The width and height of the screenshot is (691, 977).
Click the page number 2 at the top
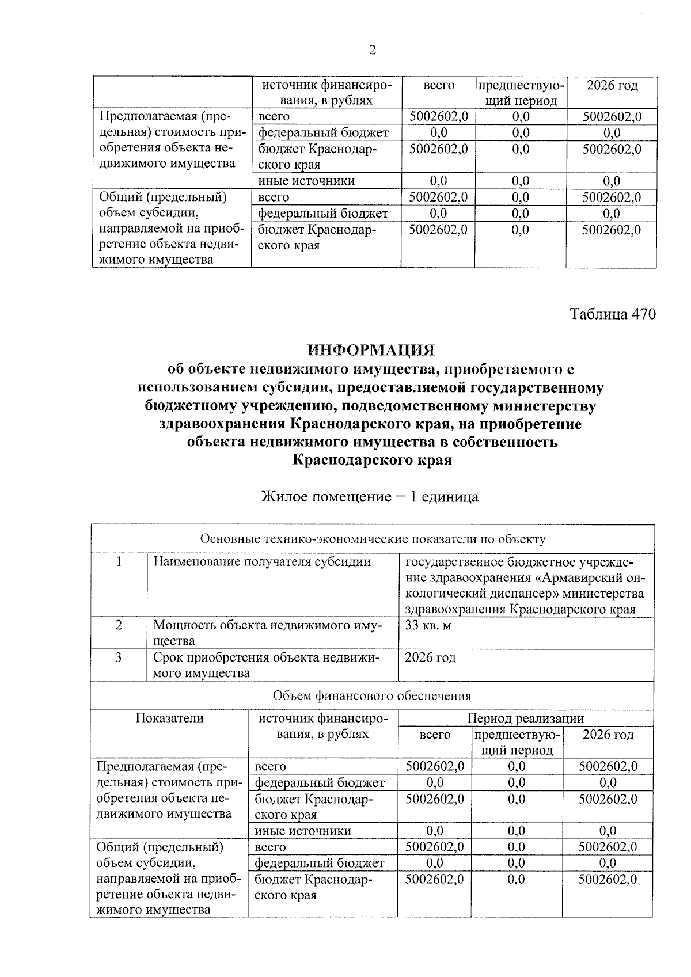click(372, 50)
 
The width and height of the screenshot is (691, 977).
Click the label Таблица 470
click(613, 314)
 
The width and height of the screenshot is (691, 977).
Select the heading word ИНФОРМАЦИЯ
click(371, 350)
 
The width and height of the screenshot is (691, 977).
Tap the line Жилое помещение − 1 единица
click(370, 496)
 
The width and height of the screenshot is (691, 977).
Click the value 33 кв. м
click(428, 625)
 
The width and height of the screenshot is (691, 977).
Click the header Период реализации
click(525, 718)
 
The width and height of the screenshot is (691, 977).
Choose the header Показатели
click(169, 718)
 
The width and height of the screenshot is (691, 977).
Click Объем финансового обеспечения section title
click(371, 695)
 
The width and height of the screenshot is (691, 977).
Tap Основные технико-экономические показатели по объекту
click(372, 539)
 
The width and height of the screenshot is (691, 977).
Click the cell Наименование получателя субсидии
click(262, 562)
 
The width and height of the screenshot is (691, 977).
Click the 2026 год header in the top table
click(612, 86)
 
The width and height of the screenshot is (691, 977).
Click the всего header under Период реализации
click(435, 735)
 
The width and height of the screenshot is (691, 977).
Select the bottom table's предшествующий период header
click(517, 742)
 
